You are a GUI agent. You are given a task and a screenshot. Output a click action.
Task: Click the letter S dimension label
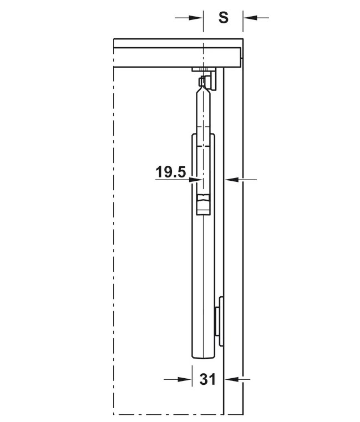coord(223,18)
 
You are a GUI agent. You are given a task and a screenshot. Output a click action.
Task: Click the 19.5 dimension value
coord(171,172)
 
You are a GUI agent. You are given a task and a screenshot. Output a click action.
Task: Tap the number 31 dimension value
coord(207,379)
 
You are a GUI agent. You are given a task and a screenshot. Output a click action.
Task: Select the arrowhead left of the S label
coord(196,18)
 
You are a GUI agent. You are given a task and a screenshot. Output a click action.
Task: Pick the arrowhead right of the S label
coord(250,18)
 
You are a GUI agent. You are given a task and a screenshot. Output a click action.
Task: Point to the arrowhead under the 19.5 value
coord(195,180)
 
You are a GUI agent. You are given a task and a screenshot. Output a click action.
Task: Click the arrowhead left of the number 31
coord(185,379)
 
